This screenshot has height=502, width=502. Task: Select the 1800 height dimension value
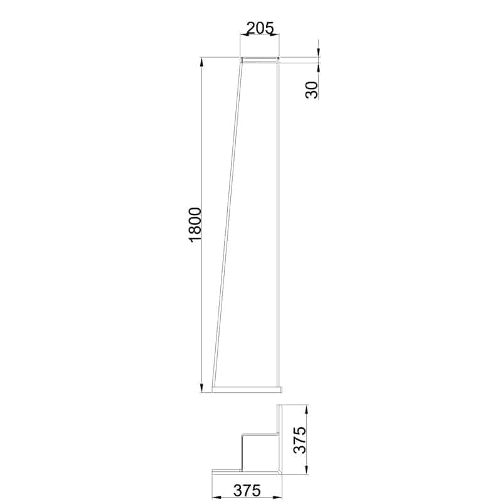tap(195, 223)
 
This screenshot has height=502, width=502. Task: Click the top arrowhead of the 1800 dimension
tap(201, 61)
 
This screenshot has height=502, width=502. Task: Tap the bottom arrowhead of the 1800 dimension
tap(201, 388)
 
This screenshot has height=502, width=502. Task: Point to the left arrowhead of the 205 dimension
tap(245, 35)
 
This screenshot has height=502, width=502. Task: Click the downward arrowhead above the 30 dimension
tap(318, 54)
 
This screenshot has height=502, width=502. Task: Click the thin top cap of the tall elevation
tap(260, 60)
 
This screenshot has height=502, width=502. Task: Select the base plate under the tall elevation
tap(247, 389)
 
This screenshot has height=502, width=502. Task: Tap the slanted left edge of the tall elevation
tap(228, 220)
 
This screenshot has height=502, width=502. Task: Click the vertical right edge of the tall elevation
tap(279, 220)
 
